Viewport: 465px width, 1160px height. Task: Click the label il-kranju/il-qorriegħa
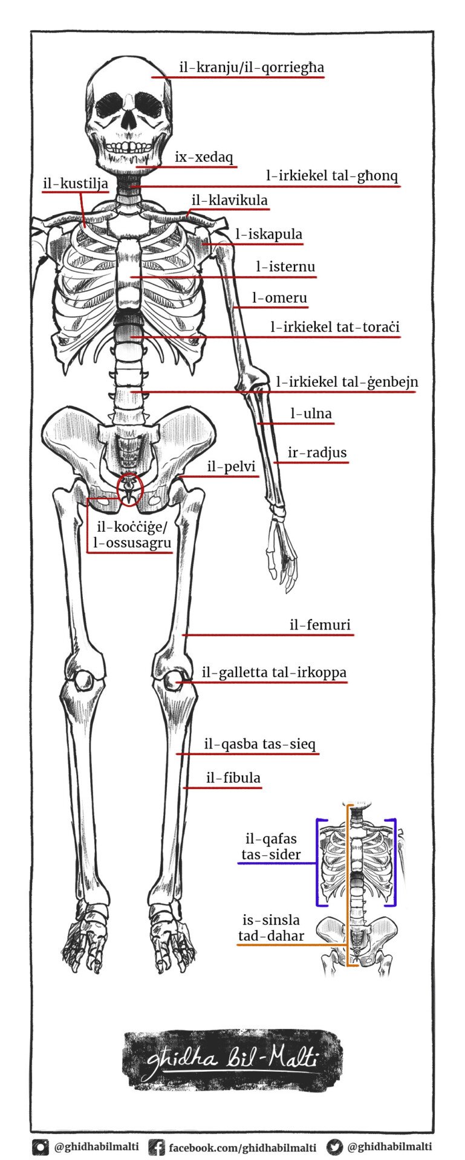252,68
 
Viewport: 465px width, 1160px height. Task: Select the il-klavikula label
229,201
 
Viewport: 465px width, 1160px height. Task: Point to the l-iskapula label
269,234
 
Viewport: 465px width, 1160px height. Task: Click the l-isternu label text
285,266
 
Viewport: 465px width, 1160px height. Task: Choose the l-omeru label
279,298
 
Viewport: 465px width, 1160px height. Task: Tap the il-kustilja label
76,183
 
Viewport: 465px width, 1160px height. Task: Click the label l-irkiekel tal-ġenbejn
347,382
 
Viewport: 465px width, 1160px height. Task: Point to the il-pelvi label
231,467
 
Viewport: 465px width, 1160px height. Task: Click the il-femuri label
320,625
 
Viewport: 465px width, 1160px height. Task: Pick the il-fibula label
233,778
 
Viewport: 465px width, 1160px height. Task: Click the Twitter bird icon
334,1147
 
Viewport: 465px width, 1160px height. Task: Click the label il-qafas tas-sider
272,846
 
